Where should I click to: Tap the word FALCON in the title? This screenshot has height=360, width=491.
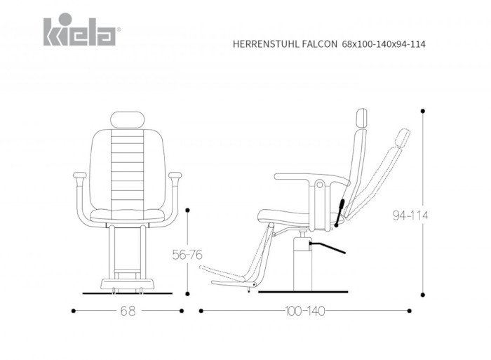click(320, 44)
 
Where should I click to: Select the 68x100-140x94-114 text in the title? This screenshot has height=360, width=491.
click(384, 44)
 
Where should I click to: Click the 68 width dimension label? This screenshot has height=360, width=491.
click(128, 311)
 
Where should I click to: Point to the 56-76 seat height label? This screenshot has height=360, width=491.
click(187, 255)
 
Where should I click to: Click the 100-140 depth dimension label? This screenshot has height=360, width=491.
click(305, 311)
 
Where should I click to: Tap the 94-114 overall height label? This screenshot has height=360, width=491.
click(410, 215)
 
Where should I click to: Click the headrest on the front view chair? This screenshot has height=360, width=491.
click(128, 120)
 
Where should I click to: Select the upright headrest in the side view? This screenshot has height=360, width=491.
click(362, 119)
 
